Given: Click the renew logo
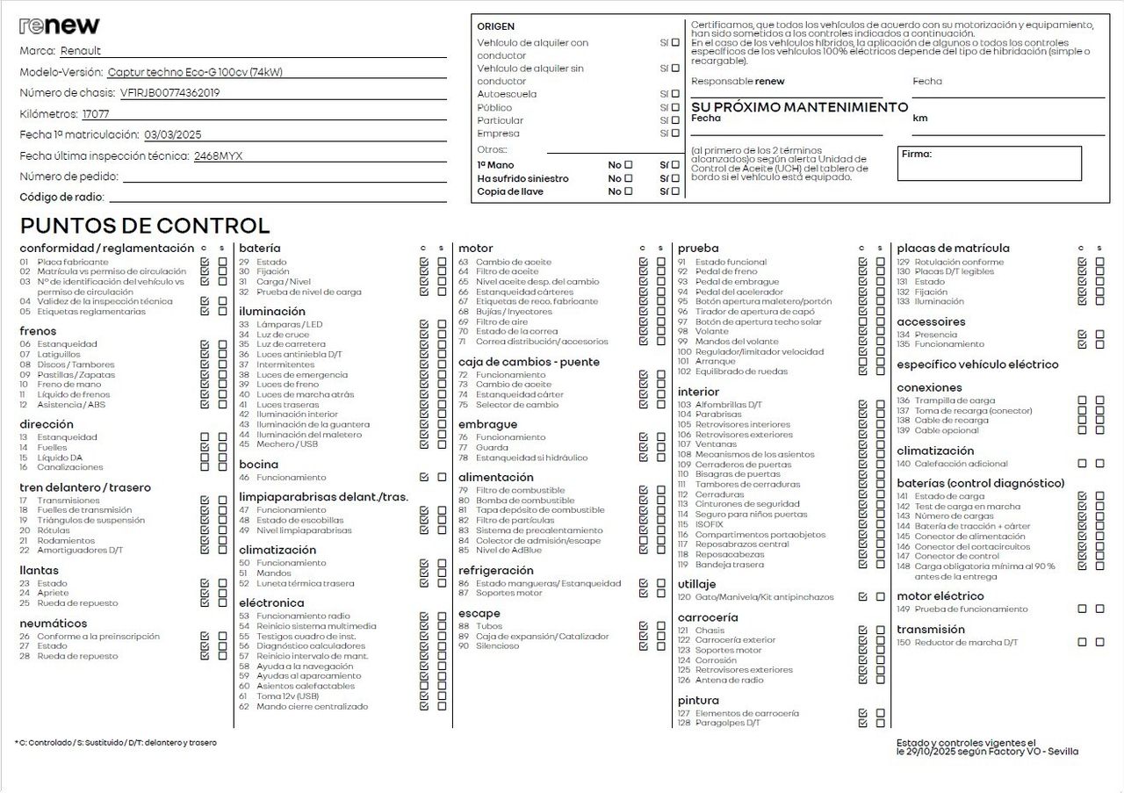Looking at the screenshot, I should (x=59, y=25).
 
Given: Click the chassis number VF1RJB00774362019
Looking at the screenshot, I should (x=169, y=92).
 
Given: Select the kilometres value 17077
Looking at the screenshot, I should (x=96, y=114).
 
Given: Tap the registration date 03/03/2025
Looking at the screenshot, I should (x=173, y=135).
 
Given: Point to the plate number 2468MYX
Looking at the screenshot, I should (x=218, y=156).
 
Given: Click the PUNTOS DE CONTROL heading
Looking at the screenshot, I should (x=145, y=226).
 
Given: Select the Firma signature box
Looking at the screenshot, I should (x=990, y=163).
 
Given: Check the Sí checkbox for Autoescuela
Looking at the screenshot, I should (x=675, y=94).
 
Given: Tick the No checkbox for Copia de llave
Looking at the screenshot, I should (x=628, y=191).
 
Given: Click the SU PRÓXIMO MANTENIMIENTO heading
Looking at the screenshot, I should (x=800, y=107).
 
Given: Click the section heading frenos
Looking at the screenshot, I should (x=38, y=331).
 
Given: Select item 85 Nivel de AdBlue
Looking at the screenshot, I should (x=508, y=551).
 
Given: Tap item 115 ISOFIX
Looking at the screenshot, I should (x=709, y=524).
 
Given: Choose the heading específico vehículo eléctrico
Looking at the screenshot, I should (x=977, y=364).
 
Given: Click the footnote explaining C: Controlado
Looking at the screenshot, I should (x=115, y=743).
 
